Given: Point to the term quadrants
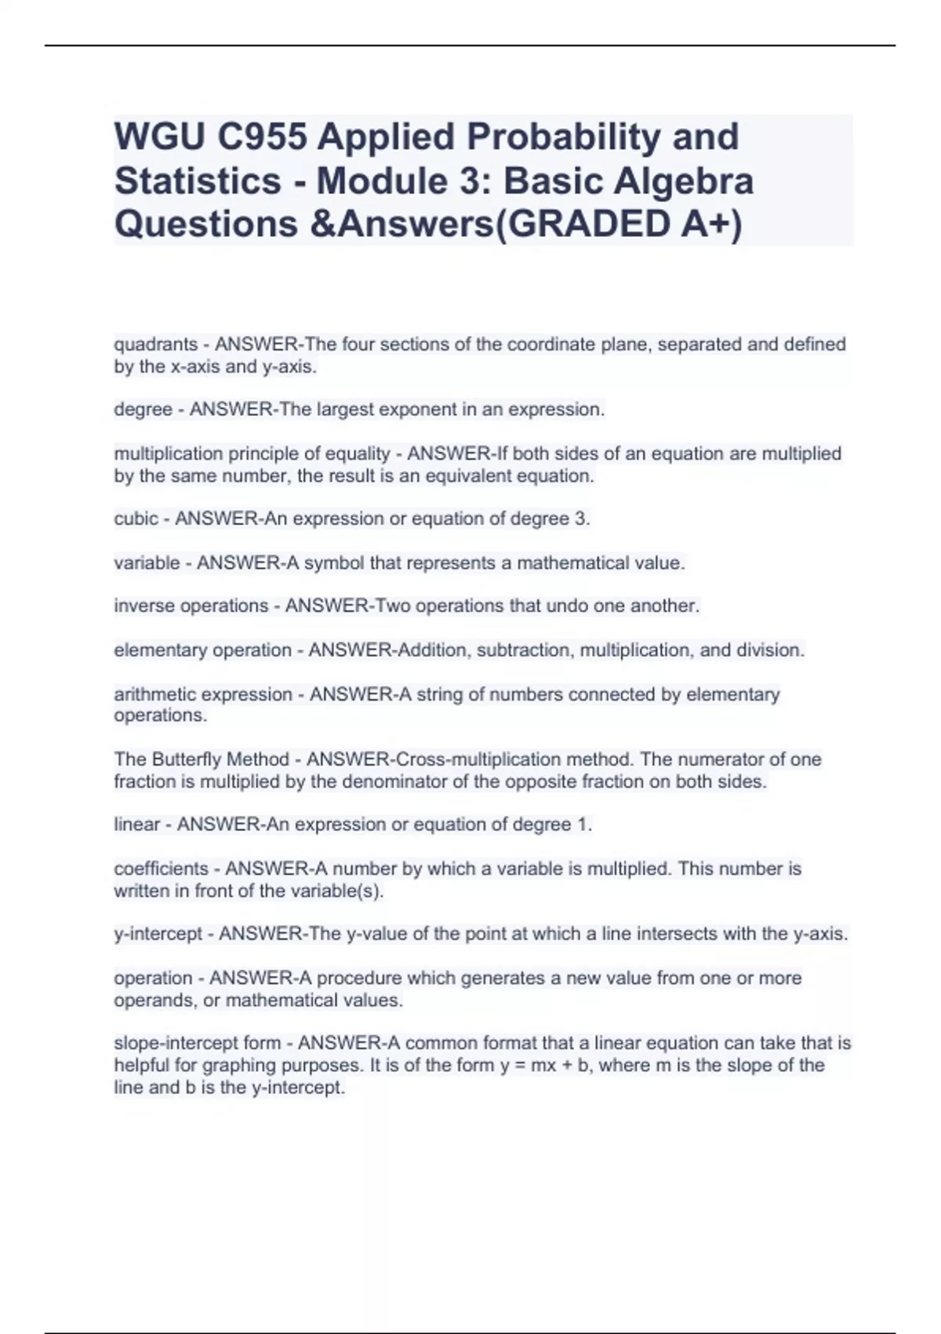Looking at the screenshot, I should [x=155, y=344].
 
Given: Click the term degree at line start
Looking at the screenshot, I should [x=143, y=410].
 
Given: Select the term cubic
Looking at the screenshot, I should [x=136, y=519].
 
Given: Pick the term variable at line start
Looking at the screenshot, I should [x=147, y=563].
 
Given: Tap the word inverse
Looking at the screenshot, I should [x=145, y=606].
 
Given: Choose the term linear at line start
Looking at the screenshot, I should [x=137, y=825].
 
